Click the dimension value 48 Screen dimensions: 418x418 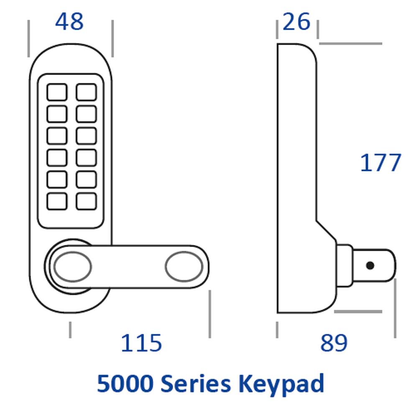point(69,21)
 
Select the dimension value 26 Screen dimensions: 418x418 point(296,21)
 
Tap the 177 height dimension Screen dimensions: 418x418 point(380,163)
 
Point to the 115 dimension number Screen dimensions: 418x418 point(141,343)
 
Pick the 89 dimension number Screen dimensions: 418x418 point(334,343)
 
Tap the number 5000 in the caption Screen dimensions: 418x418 point(125,383)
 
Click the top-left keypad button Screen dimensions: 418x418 point(57,92)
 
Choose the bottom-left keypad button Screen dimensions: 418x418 point(57,201)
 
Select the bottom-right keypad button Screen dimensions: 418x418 point(86,201)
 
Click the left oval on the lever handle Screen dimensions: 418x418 point(72,267)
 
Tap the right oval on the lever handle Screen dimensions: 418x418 point(184,267)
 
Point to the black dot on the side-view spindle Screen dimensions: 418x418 point(370,265)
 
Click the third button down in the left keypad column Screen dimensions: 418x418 point(57,136)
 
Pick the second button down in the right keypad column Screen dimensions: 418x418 point(86,114)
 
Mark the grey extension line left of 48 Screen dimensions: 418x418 point(28,38)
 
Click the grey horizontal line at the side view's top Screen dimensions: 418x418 point(351,43)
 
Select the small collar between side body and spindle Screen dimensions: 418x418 point(345,265)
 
